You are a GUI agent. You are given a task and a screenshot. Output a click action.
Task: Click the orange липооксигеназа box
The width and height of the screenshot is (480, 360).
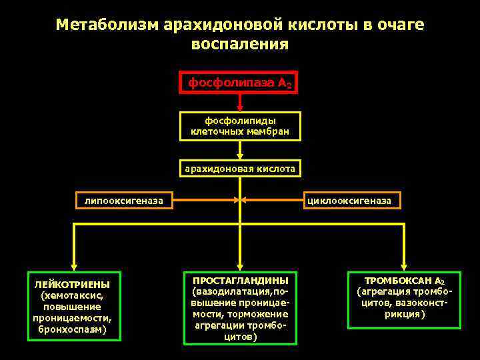pyautogui.click(x=124, y=200)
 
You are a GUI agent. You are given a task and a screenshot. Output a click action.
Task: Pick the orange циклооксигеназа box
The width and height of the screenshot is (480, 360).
pyautogui.click(x=353, y=200)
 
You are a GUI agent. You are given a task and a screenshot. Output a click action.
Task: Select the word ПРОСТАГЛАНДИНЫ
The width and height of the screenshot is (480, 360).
pyautogui.click(x=240, y=280)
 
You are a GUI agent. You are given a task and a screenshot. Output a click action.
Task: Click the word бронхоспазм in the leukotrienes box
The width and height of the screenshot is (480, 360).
pyautogui.click(x=72, y=330)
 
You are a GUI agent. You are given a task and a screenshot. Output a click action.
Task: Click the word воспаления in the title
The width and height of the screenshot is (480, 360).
pyautogui.click(x=240, y=45)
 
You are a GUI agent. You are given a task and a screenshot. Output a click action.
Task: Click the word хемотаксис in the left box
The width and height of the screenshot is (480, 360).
pyautogui.click(x=72, y=296)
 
